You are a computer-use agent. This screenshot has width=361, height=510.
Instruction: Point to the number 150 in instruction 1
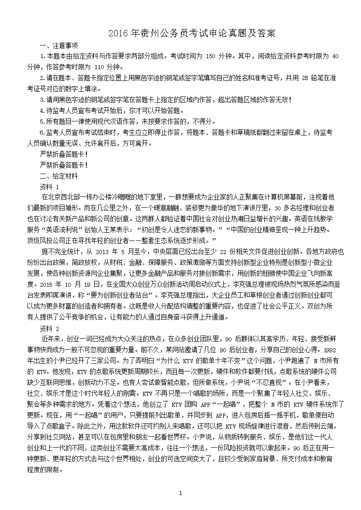click(x=211, y=56)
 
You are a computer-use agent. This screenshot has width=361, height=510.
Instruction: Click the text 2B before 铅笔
click(x=304, y=78)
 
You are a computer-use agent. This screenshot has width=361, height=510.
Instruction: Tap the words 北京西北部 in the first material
click(x=68, y=197)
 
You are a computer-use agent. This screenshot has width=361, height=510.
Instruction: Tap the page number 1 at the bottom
click(x=180, y=493)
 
